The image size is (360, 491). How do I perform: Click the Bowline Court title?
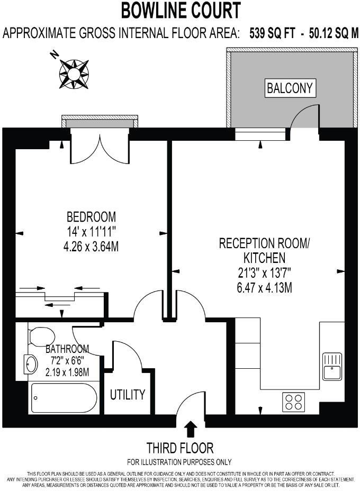pos(181,10)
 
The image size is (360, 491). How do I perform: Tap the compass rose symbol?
pos(73,74)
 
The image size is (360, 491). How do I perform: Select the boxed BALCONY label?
pos(290,88)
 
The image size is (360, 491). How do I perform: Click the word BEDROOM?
pos(91,217)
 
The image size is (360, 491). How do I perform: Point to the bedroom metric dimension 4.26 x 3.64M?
pos(91,245)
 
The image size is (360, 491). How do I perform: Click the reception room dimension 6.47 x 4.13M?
pos(264,288)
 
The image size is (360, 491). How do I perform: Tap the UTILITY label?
pos(128,395)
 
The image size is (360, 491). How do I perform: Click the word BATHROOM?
pos(67,350)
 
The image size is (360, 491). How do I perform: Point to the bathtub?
pos(64,397)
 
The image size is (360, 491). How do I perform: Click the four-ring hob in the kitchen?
pos(294,402)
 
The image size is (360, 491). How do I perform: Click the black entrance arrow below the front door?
pos(191,428)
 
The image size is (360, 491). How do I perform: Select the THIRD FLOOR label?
pos(180,448)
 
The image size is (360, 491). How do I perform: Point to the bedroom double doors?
pos(99,149)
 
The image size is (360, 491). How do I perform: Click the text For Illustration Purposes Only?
pos(179,462)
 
